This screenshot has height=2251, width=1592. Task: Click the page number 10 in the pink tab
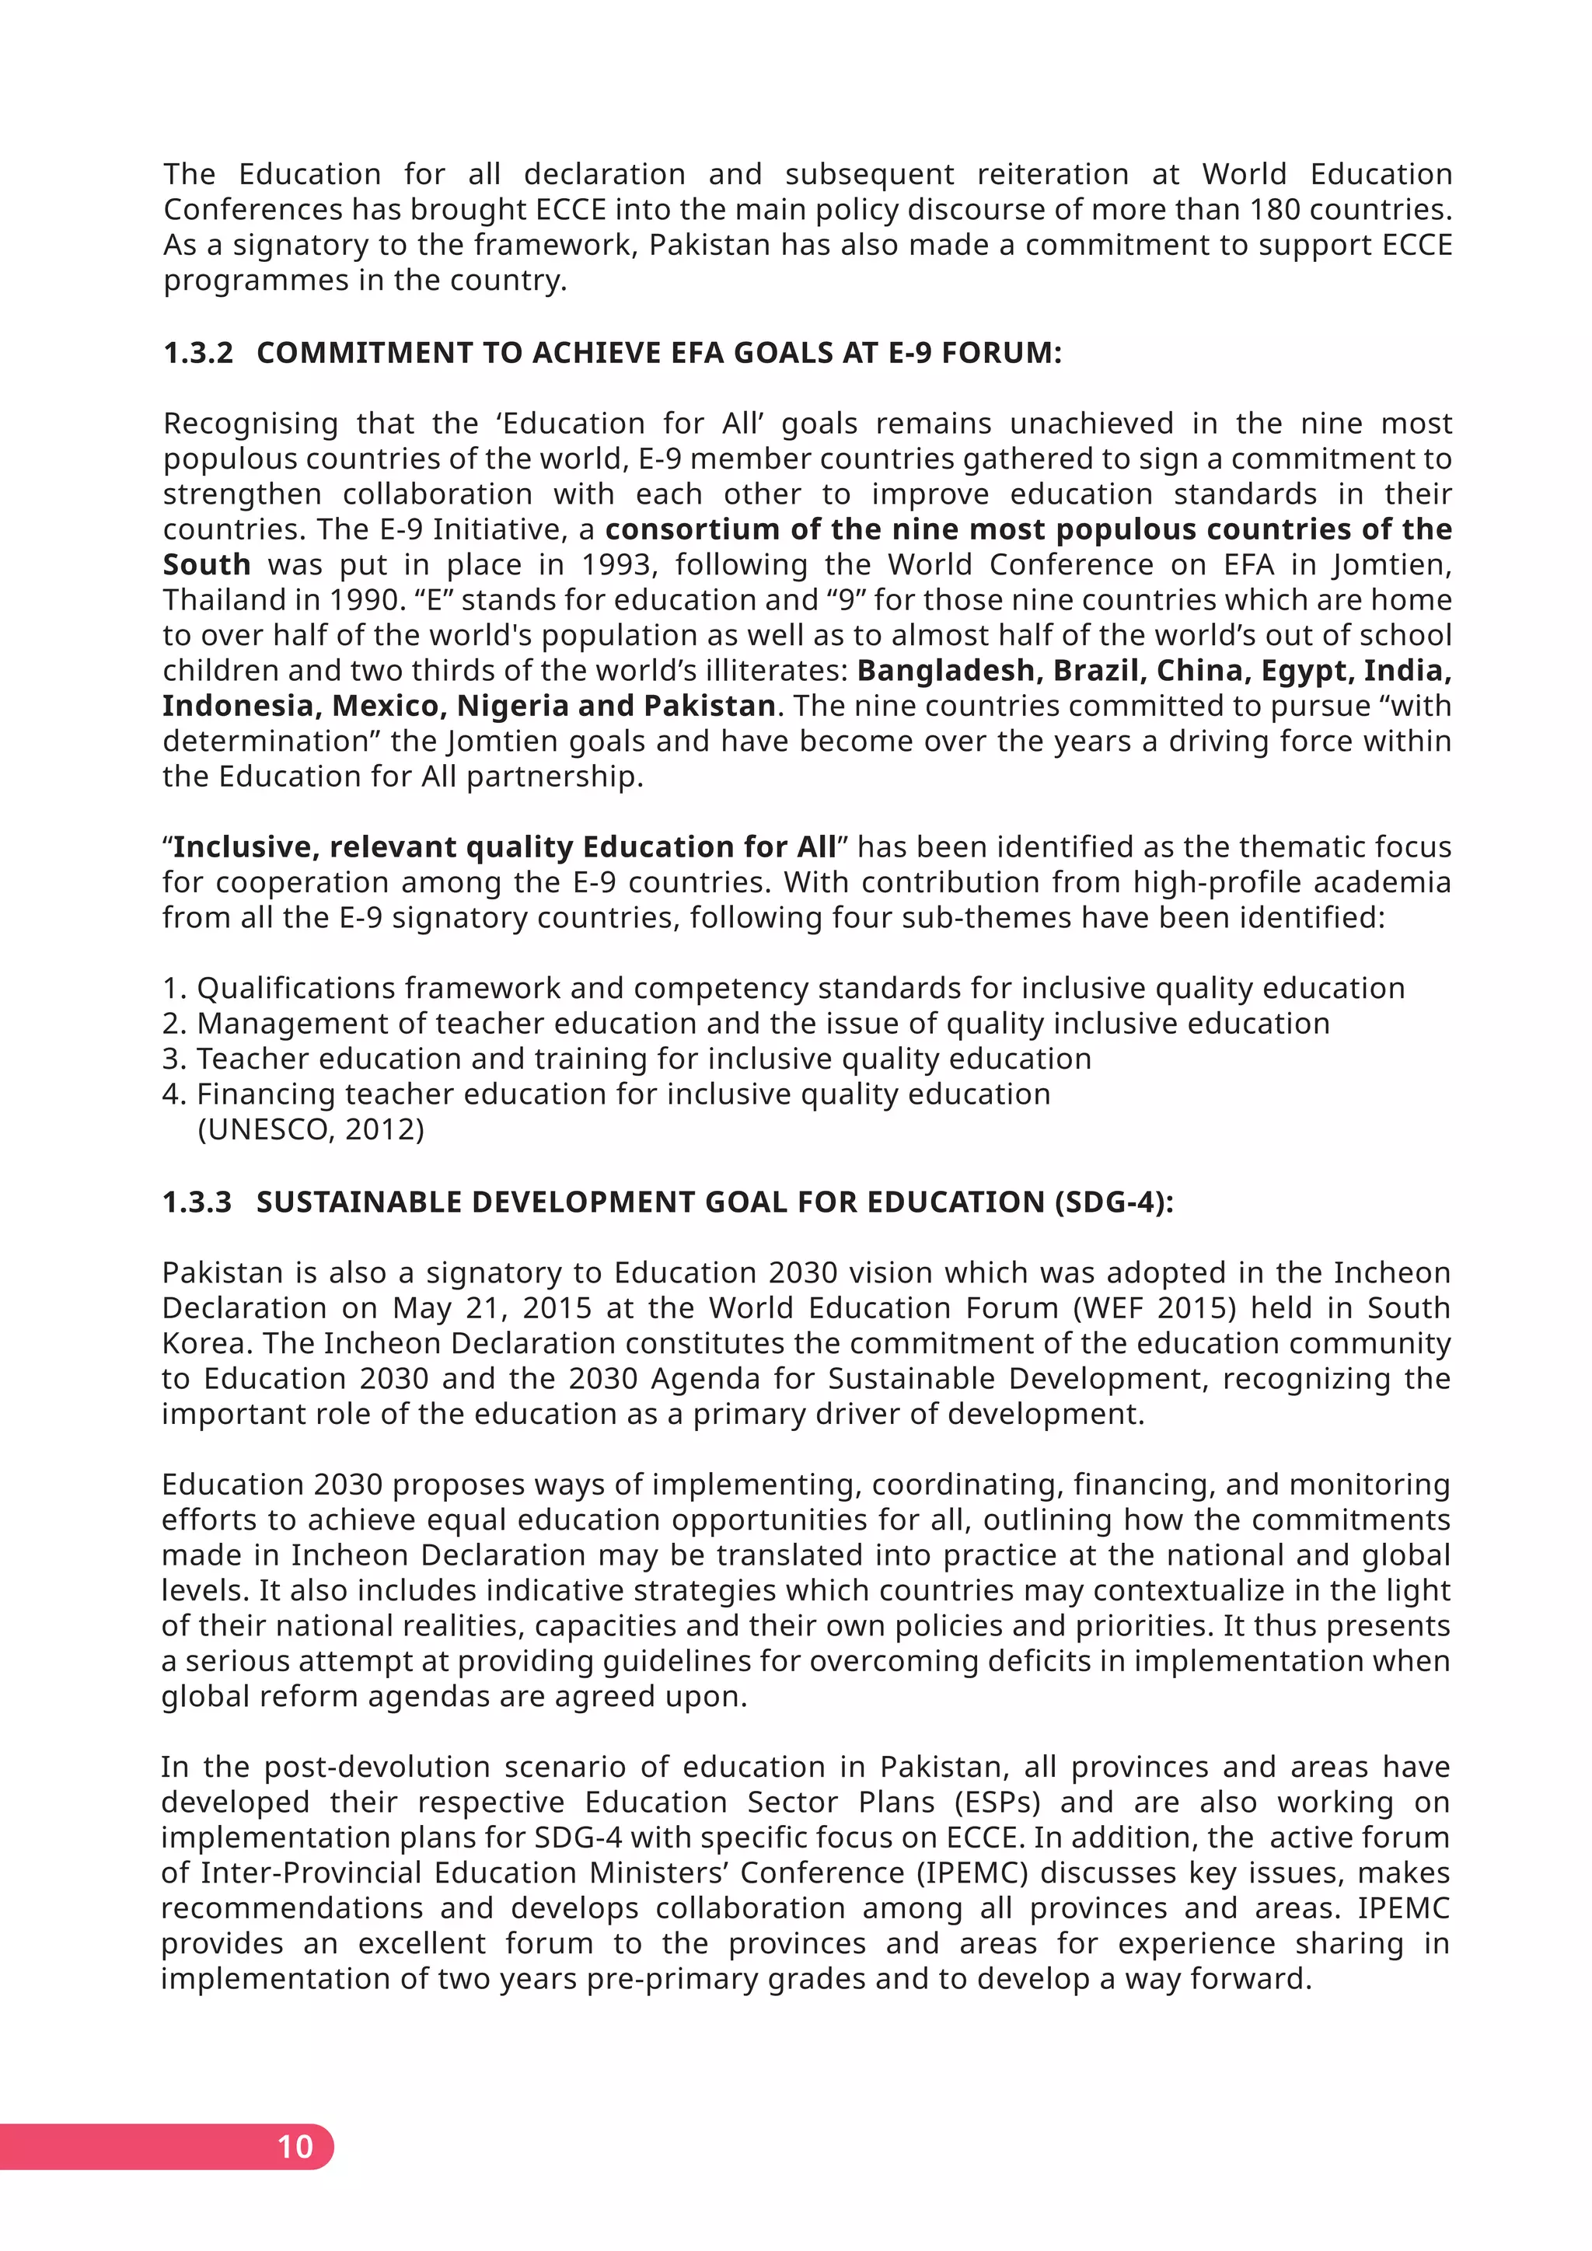(295, 2146)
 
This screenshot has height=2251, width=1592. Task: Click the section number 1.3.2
(198, 353)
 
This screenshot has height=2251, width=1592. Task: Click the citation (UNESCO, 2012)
(311, 1129)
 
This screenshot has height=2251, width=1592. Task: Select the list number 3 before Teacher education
(174, 1059)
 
